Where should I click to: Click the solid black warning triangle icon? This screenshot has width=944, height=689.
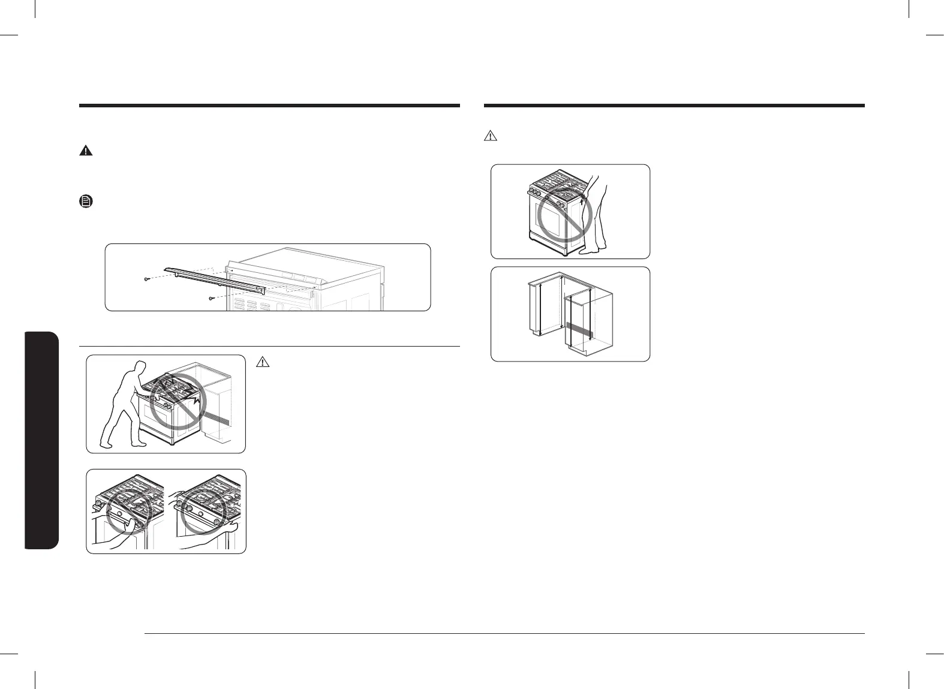86,151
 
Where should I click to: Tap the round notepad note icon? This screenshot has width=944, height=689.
86,202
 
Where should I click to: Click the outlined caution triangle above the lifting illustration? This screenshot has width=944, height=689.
490,136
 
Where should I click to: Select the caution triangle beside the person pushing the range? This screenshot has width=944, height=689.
262,362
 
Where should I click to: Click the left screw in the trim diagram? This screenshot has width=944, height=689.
147,279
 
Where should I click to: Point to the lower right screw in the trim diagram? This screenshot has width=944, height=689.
211,297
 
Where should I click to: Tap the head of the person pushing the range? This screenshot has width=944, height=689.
140,368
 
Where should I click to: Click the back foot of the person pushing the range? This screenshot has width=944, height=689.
106,445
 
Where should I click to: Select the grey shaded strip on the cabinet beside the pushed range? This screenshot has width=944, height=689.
217,419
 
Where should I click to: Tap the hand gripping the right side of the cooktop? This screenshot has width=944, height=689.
235,528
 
